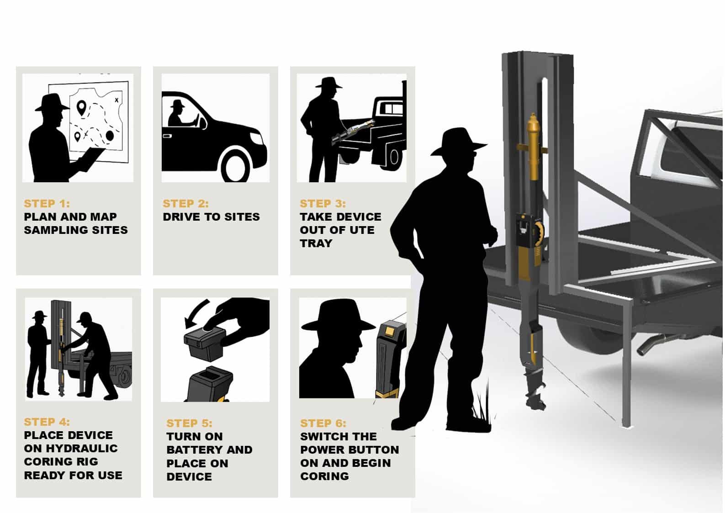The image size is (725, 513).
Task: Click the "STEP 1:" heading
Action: (x=47, y=203)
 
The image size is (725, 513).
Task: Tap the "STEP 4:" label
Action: (x=47, y=422)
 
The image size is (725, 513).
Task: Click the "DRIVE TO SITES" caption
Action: (x=211, y=217)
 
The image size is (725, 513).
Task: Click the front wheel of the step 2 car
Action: (x=235, y=165)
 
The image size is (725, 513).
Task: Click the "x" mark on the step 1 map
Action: (x=116, y=100)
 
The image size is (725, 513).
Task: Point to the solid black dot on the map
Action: (x=110, y=136)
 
